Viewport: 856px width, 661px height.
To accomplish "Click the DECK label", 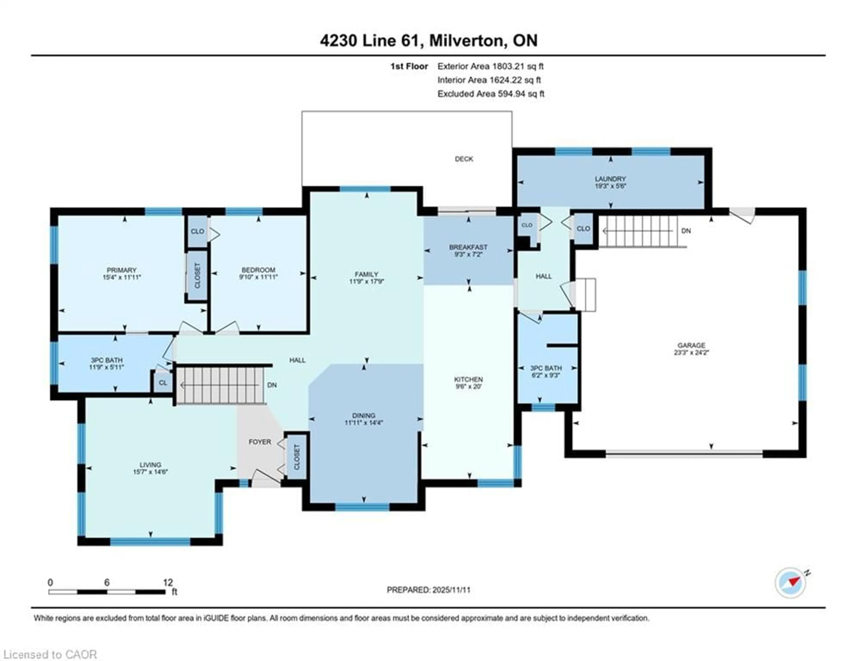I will coord(464,159).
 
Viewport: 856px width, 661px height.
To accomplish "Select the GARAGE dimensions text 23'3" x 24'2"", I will coord(691,352).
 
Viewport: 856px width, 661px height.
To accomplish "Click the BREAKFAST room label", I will coord(468,247).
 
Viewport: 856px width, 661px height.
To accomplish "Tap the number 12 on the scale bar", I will coord(168,583).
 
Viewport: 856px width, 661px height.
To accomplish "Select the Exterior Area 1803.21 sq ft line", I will coord(490,66).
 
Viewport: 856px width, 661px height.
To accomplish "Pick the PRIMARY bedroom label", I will coord(121,270).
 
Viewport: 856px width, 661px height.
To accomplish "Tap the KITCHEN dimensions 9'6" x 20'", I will coord(468,386).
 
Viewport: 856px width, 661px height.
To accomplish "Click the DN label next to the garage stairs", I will coord(686,231).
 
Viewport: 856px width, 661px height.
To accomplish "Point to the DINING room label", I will coord(364,415).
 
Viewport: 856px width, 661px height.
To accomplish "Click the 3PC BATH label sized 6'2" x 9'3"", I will coord(546,368).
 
